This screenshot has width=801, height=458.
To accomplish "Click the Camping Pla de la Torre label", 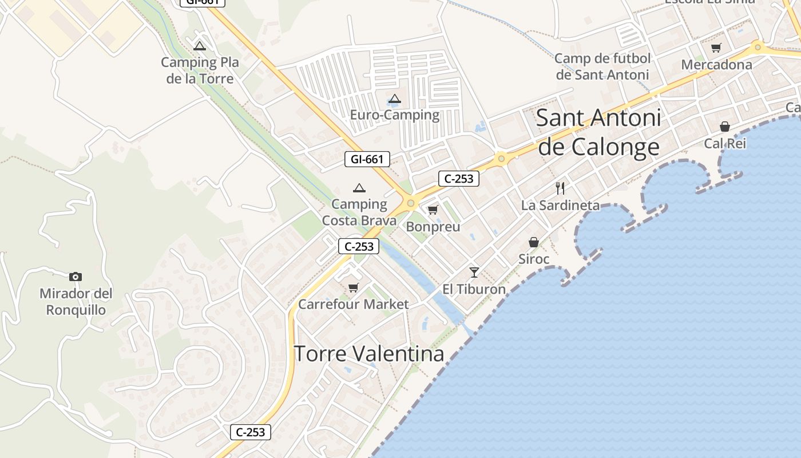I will (x=200, y=70).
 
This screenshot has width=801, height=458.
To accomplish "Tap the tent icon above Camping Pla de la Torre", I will (x=200, y=46).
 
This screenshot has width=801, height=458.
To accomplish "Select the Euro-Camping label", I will (x=395, y=115).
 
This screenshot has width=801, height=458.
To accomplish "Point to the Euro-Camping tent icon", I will (x=395, y=98).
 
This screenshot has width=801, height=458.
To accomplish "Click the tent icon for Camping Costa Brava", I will (x=359, y=187).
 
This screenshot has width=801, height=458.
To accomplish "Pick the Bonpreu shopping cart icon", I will (x=433, y=210).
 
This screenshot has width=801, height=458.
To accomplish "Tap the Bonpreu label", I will (x=433, y=227).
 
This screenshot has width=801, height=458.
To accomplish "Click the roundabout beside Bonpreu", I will (x=410, y=203).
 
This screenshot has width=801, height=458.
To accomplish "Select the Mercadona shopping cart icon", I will (x=716, y=48).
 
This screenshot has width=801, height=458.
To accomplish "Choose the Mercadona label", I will (x=716, y=65).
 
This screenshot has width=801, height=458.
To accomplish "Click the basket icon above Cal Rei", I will (x=725, y=127).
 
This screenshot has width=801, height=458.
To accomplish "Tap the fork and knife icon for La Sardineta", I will (x=560, y=188).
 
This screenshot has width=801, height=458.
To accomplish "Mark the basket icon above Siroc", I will (x=534, y=242).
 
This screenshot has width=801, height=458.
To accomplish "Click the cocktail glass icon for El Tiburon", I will (x=474, y=272).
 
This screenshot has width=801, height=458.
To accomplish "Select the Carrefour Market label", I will (x=354, y=304).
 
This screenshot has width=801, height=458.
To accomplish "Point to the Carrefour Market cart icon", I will (x=354, y=287).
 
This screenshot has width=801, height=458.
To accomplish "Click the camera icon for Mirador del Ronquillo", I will (x=76, y=277).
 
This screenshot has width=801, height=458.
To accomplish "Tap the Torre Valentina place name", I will (x=369, y=354).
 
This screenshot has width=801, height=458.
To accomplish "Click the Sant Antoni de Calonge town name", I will (x=599, y=132).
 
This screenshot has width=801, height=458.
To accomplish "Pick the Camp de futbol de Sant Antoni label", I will (x=603, y=66).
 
